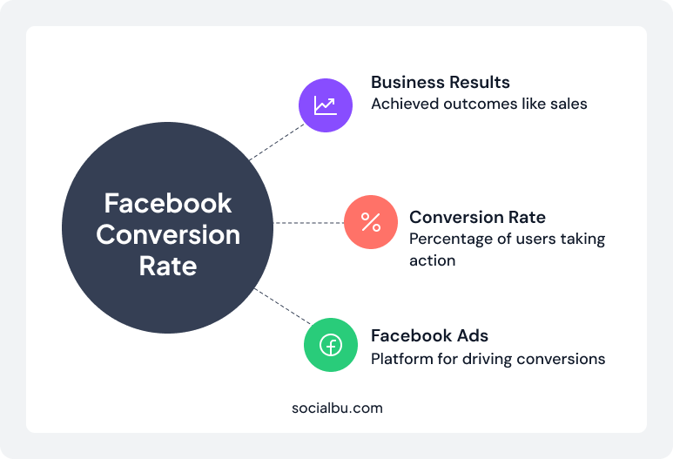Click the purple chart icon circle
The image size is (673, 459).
click(326, 105)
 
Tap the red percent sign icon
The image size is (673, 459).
click(371, 223)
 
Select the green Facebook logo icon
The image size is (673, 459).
click(331, 345)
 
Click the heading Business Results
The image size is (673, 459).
click(441, 82)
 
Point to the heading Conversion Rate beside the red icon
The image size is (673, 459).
click(477, 217)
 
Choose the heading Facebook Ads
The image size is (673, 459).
click(429, 335)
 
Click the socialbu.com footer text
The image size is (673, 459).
click(337, 407)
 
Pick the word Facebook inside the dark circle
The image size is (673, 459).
click(168, 203)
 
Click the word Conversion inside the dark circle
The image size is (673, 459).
click(168, 234)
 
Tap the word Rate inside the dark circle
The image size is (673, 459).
click(168, 266)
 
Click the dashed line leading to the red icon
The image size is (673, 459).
click(309, 223)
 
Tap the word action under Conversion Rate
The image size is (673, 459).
click(432, 260)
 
